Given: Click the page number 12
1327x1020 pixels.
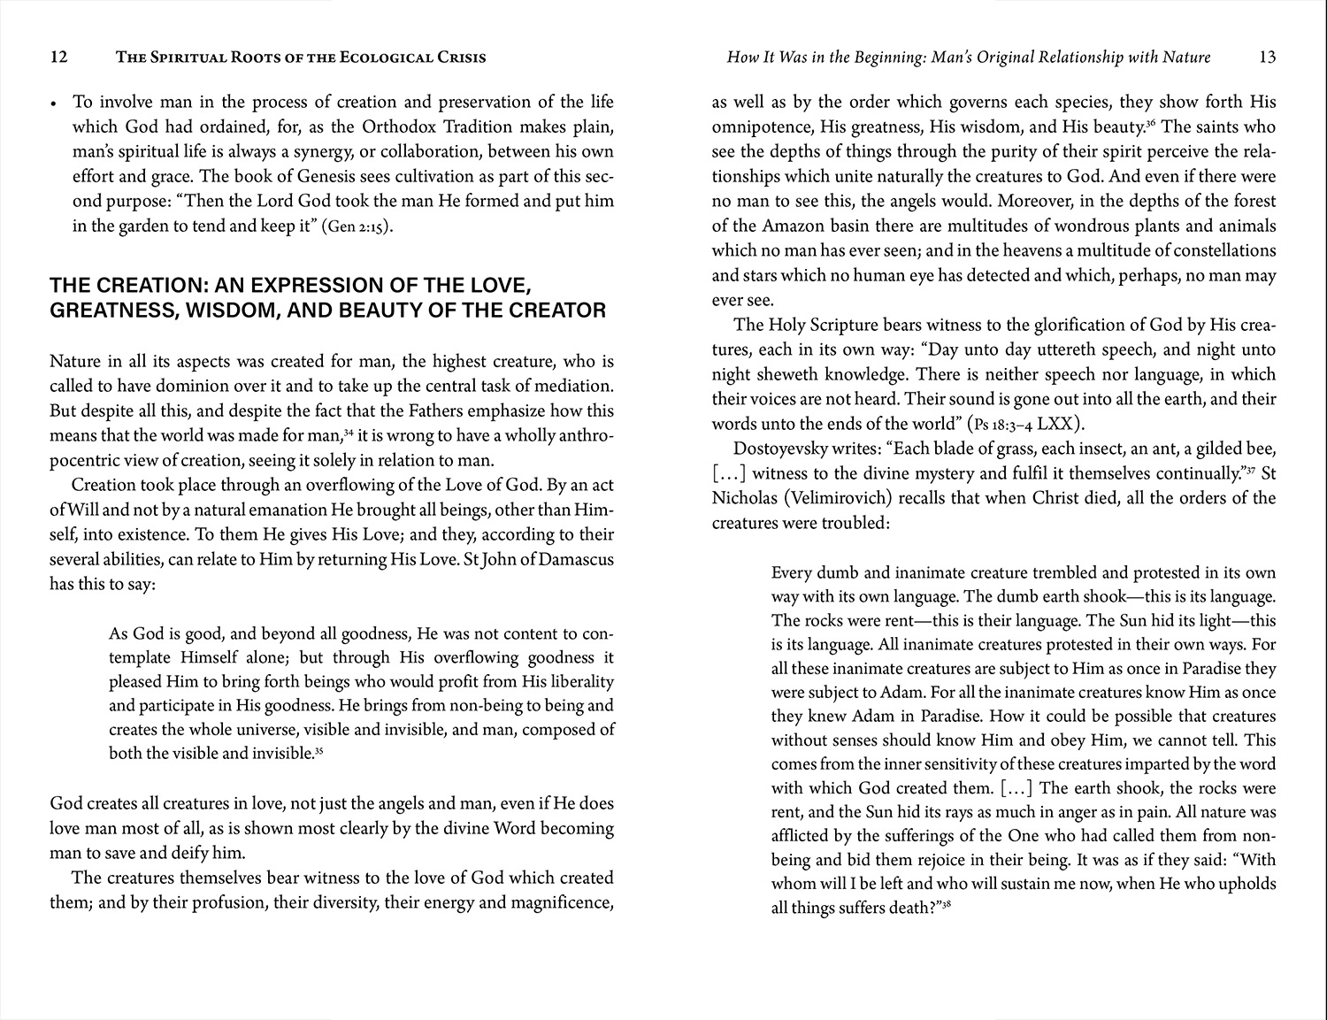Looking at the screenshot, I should click(58, 58).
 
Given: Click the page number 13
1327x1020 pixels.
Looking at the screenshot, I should click(1267, 58).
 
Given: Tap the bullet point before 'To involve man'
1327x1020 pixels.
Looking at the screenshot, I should click(55, 104).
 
